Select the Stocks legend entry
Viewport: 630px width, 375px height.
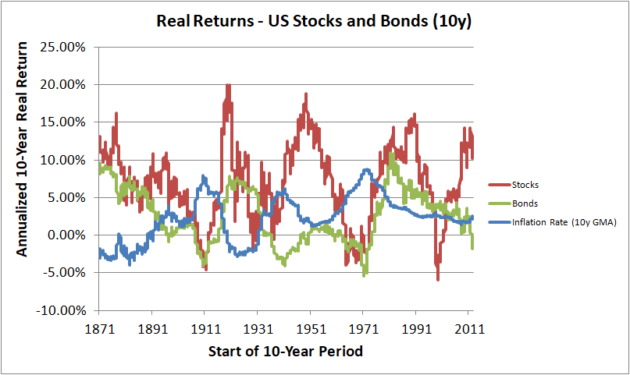[x=525, y=185]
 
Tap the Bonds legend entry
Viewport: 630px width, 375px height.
[x=525, y=203]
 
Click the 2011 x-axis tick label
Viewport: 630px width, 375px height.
[x=468, y=329]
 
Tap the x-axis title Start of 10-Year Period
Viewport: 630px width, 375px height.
[x=286, y=352]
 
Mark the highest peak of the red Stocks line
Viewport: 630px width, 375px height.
[x=227, y=85]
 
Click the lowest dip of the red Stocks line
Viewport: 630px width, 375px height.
[x=438, y=279]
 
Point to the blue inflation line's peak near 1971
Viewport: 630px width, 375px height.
[x=365, y=169]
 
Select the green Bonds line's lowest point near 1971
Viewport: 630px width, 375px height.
[x=365, y=274]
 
